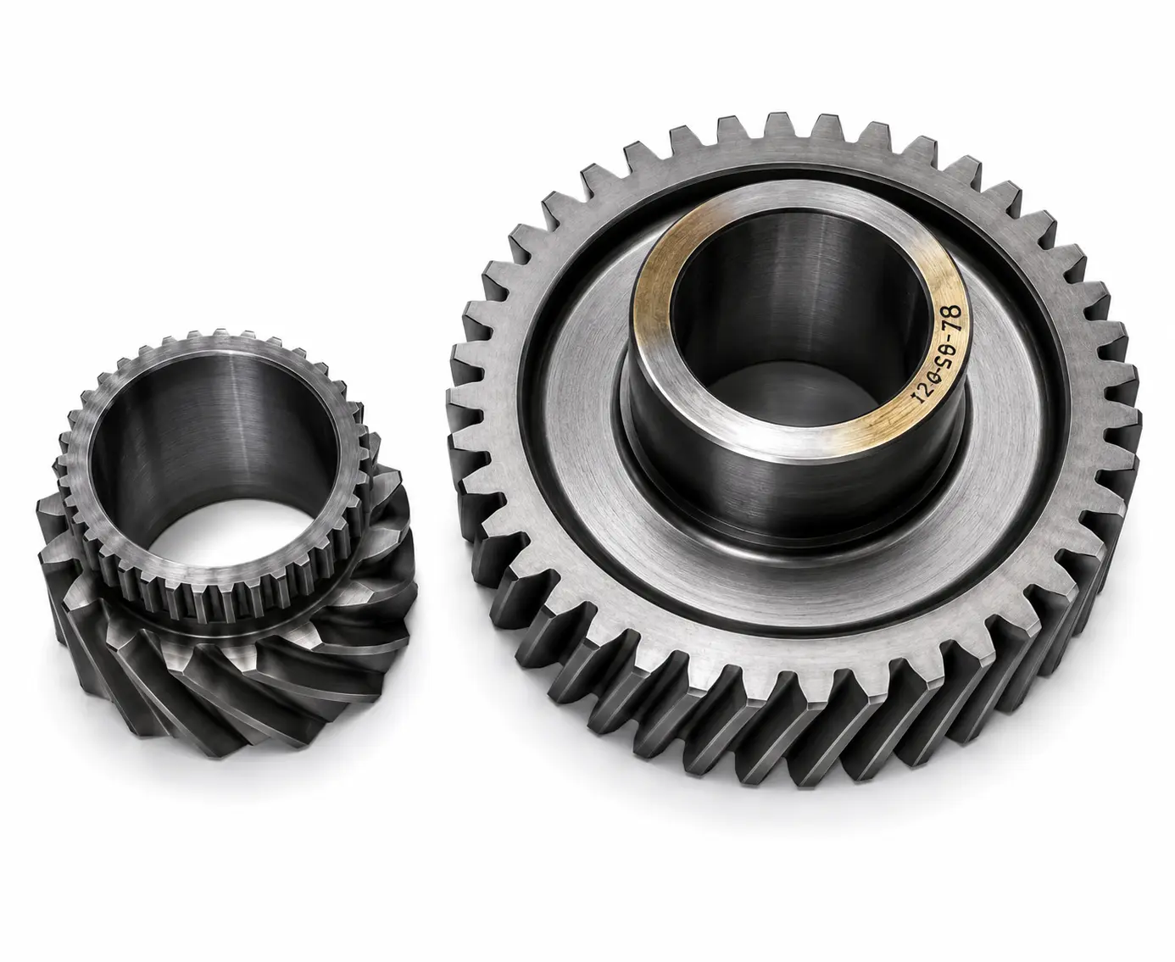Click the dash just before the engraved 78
(938, 340)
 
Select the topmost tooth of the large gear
(780, 126)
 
